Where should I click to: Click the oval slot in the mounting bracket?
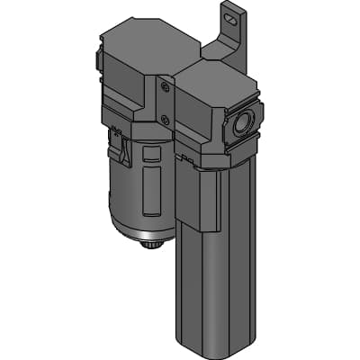(234, 13)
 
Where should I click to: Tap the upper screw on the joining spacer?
(164, 87)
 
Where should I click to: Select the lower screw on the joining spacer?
(165, 116)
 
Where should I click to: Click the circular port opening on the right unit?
(242, 125)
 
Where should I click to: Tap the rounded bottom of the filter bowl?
(144, 225)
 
